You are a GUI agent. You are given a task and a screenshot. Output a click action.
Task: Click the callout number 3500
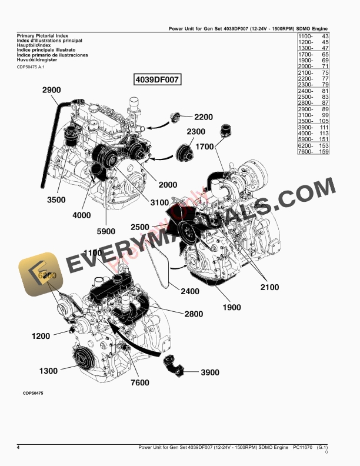click(x=56, y=200)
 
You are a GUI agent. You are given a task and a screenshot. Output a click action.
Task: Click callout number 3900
click(x=209, y=372)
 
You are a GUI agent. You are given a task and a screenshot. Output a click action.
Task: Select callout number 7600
click(x=140, y=383)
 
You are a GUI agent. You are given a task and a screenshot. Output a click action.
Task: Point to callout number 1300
click(x=48, y=371)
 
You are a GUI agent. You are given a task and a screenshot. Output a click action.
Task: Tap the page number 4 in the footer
click(x=18, y=448)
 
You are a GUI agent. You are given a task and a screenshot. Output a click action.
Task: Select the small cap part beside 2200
click(x=175, y=118)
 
